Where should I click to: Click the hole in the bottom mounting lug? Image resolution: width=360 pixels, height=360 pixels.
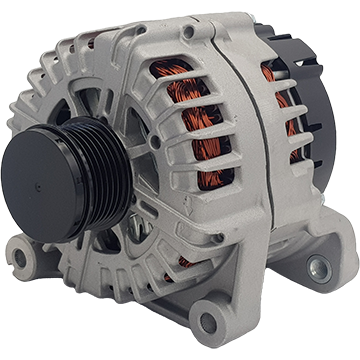click(x=209, y=321)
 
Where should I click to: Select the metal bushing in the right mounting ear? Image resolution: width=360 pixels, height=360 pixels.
click(x=319, y=267)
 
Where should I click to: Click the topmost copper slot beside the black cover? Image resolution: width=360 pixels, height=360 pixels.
click(x=270, y=73)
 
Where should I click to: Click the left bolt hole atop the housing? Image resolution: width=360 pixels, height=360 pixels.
click(x=189, y=32)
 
